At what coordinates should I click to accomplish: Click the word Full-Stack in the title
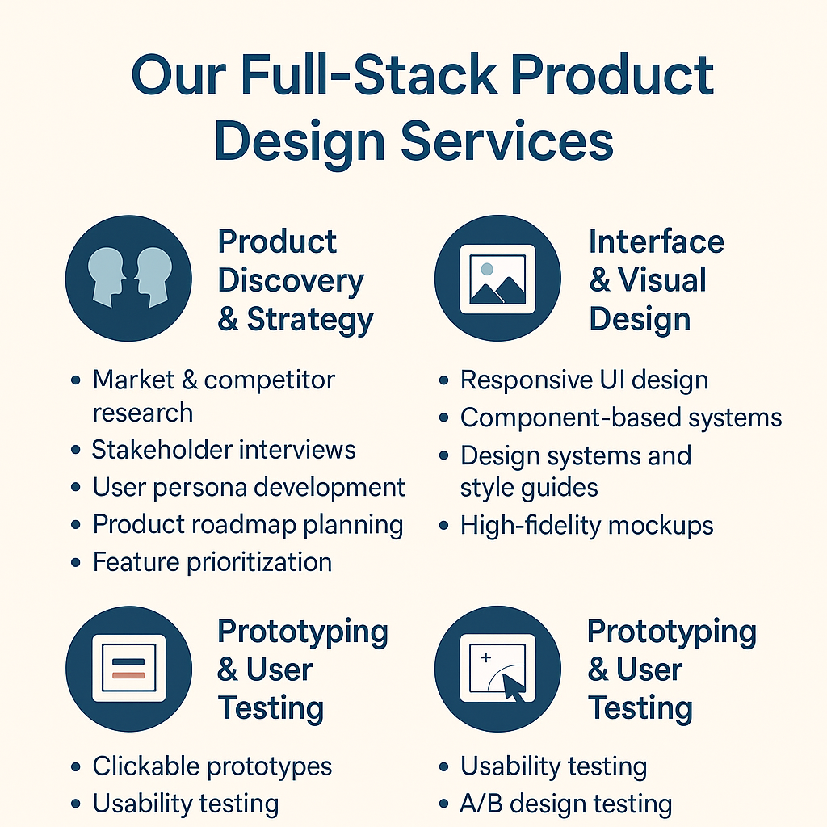tap(369, 75)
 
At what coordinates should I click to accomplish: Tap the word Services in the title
tap(507, 141)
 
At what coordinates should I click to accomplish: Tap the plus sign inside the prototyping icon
tap(485, 657)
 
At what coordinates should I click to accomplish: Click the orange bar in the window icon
tap(128, 676)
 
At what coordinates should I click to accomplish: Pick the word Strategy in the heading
tap(310, 319)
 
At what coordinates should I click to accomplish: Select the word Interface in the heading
tap(656, 241)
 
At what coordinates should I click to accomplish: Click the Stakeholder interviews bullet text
tap(225, 450)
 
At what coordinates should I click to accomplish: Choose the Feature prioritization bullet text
tap(212, 562)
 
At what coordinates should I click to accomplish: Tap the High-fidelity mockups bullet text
tap(586, 525)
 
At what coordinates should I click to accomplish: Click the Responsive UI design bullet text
tap(584, 380)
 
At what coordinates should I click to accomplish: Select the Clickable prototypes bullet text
tap(212, 766)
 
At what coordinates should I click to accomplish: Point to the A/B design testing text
tap(566, 804)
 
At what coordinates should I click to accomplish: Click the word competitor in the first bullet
tap(269, 380)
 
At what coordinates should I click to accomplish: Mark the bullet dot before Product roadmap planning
tap(76, 525)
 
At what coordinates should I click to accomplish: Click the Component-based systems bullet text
tap(621, 418)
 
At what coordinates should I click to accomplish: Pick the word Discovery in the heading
tap(291, 280)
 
